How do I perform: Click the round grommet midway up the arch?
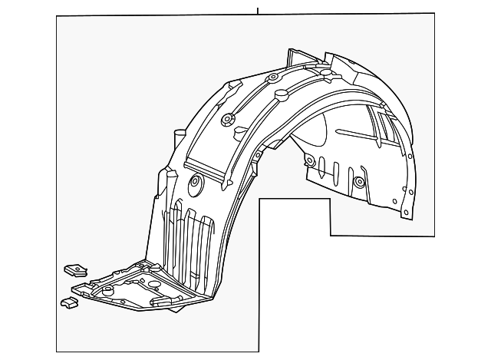tap(226, 120)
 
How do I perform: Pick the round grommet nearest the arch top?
tap(272, 79)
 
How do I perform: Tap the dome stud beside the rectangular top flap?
tap(326, 74)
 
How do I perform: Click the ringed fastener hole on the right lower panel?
tap(358, 182)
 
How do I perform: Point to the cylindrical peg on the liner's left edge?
tap(178, 141)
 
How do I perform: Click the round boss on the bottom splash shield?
tap(107, 289)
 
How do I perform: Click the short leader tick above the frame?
tap(258, 9)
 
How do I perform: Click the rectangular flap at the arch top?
tap(295, 58)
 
